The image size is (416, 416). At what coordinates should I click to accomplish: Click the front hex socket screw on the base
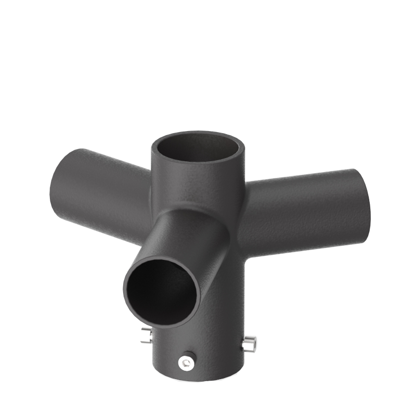click(185, 362)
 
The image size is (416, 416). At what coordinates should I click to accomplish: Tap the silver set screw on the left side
click(145, 337)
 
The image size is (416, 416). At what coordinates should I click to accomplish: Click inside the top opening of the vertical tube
click(198, 148)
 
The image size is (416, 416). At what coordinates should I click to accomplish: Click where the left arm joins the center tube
click(151, 198)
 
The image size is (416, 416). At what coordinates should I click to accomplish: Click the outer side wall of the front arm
click(208, 260)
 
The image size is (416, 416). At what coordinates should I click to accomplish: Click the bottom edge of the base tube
click(198, 384)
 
